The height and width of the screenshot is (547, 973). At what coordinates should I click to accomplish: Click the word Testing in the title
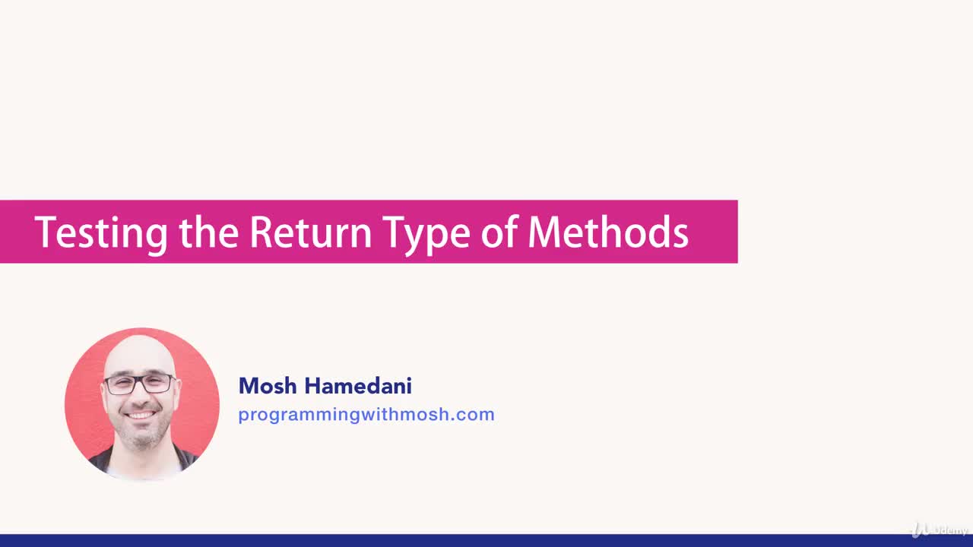pos(100,232)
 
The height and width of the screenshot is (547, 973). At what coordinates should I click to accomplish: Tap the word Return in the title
pos(310,232)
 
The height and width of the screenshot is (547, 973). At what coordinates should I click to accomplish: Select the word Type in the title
pos(426,232)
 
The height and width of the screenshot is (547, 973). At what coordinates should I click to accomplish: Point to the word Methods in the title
pos(608,232)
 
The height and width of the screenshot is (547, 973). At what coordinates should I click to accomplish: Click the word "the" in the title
pos(209,232)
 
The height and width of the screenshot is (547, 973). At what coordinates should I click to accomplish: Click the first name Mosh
pos(268,386)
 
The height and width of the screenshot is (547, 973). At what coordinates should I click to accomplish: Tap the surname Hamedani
pos(358,386)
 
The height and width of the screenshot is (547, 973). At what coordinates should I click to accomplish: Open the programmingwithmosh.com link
pos(366,415)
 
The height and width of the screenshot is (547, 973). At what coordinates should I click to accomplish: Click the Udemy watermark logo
pos(940,529)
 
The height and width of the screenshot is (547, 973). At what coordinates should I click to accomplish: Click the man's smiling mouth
pos(141,416)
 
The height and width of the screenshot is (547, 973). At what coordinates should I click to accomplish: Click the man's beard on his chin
pos(141,435)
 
